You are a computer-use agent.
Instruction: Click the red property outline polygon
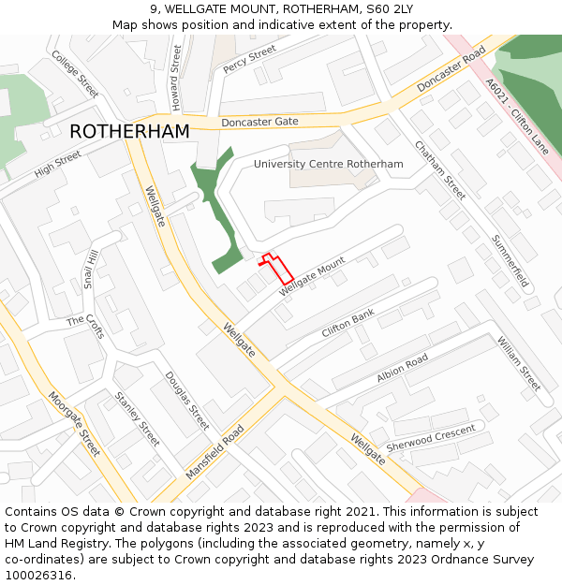click(x=276, y=269)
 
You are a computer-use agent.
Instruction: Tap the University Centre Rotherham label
click(x=328, y=164)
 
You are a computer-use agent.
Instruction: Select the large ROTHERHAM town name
click(x=129, y=132)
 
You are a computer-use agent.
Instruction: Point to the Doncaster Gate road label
click(x=259, y=123)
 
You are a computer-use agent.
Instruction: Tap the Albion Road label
click(x=402, y=368)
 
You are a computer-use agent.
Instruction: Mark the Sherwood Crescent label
click(x=431, y=436)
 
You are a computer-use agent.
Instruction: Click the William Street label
click(x=519, y=364)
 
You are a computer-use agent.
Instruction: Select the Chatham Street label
click(x=440, y=170)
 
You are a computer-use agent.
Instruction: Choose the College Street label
click(x=75, y=74)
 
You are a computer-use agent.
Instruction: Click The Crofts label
click(x=86, y=321)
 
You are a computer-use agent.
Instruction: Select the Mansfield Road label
click(x=214, y=452)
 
